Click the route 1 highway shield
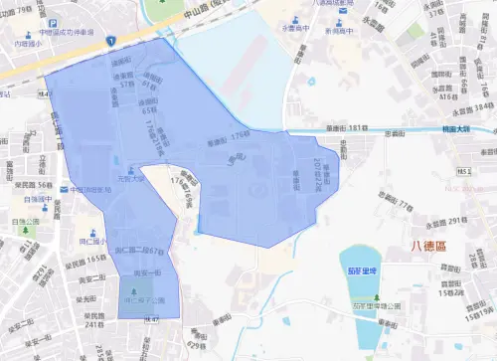point(112,40)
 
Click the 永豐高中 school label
point(295,31)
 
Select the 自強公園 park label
point(26,222)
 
